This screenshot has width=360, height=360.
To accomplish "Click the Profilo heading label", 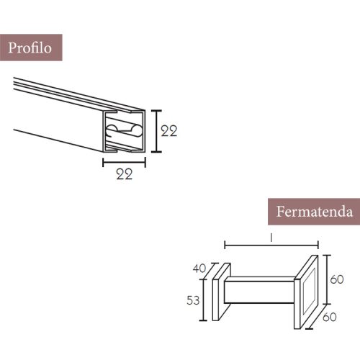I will click(x=30, y=48).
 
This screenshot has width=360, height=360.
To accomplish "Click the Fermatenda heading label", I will click(x=314, y=212).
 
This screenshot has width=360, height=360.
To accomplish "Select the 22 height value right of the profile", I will click(x=169, y=131).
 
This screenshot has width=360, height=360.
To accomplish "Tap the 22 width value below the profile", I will click(x=125, y=175).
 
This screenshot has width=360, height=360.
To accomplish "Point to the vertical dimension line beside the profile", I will click(x=156, y=131).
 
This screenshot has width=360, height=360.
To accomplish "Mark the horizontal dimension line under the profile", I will click(x=125, y=162).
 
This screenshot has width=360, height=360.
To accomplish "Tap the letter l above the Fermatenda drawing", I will click(x=271, y=237).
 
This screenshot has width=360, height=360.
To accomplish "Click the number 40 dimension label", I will click(x=199, y=269).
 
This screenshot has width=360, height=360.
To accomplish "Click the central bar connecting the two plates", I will click(x=259, y=294).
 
